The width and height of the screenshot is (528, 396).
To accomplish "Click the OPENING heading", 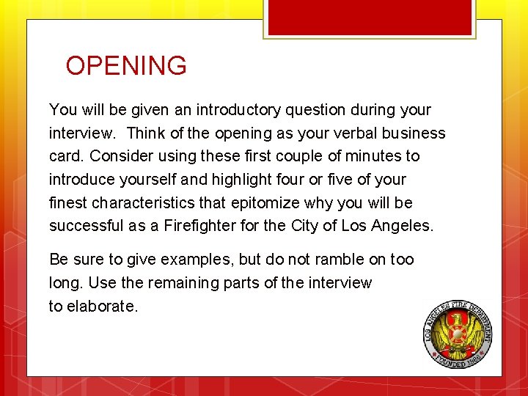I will point(126,66).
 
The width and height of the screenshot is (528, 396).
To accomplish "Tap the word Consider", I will point(118,156).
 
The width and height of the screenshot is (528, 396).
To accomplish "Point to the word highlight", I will point(235,179).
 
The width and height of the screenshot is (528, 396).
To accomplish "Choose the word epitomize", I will point(257,202).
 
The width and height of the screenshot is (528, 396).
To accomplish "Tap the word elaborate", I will point(102,306).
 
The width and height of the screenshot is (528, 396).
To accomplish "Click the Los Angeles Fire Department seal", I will point(458,334).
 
